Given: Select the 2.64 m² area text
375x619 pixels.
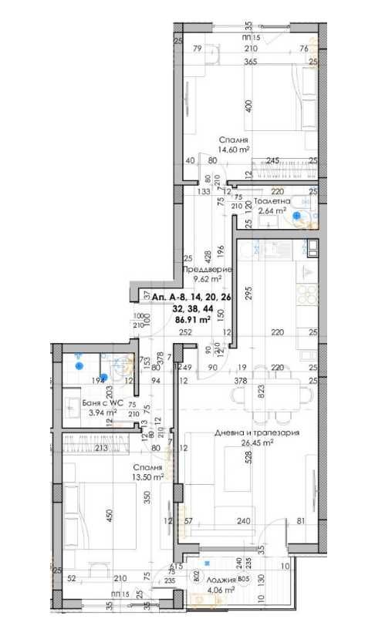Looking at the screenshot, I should click(272, 209).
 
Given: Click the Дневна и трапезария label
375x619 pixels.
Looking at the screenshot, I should click(256, 432).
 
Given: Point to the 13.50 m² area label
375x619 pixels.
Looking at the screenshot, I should click(147, 477).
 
